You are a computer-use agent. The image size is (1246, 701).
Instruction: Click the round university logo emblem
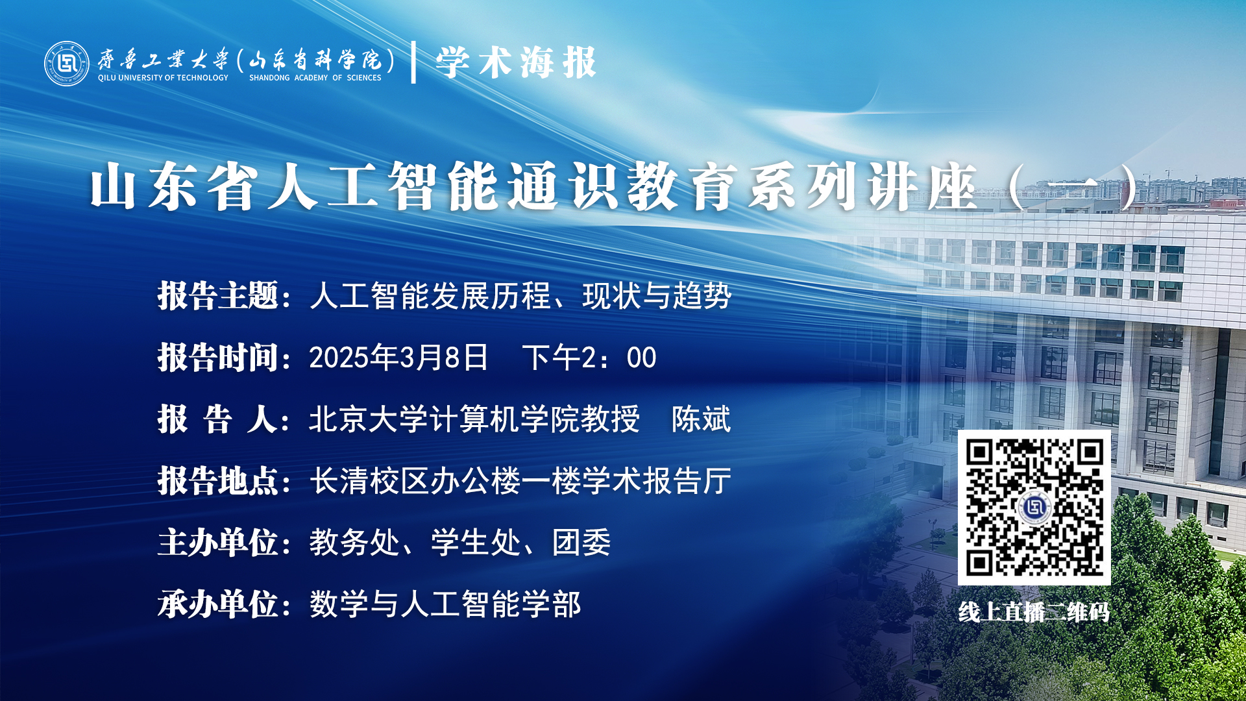[67, 64]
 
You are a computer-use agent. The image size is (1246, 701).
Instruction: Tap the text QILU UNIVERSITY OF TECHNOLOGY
[163, 78]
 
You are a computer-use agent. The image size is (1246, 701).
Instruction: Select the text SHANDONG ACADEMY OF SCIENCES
[315, 78]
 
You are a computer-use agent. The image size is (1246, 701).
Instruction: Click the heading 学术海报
[516, 63]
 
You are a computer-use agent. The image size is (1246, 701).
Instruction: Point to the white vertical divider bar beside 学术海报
[413, 62]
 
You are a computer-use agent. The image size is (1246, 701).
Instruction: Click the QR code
[1034, 508]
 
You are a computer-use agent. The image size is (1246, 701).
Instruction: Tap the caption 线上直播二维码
[1034, 611]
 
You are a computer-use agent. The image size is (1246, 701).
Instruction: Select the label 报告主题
[218, 296]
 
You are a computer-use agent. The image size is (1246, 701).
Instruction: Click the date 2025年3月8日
[398, 358]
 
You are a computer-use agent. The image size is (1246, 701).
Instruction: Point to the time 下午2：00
[589, 358]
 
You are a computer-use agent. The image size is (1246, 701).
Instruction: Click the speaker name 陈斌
[702, 419]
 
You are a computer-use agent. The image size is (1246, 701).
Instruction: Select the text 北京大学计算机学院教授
[474, 419]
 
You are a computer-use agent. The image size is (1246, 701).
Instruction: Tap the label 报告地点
[218, 481]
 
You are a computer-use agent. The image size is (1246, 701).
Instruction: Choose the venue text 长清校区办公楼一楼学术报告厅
[520, 481]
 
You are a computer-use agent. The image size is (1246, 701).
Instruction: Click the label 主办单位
[218, 543]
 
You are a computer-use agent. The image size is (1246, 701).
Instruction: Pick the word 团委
[582, 543]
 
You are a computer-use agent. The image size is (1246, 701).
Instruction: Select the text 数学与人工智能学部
[445, 604]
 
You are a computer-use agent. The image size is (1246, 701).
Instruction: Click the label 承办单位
[218, 604]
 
